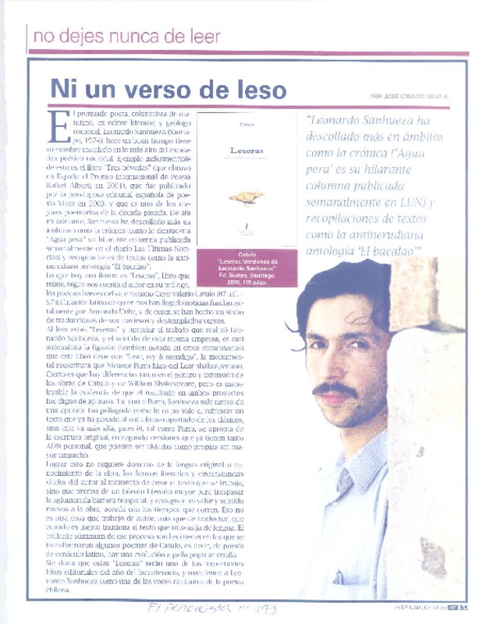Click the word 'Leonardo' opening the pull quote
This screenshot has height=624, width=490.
tap(343, 121)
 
